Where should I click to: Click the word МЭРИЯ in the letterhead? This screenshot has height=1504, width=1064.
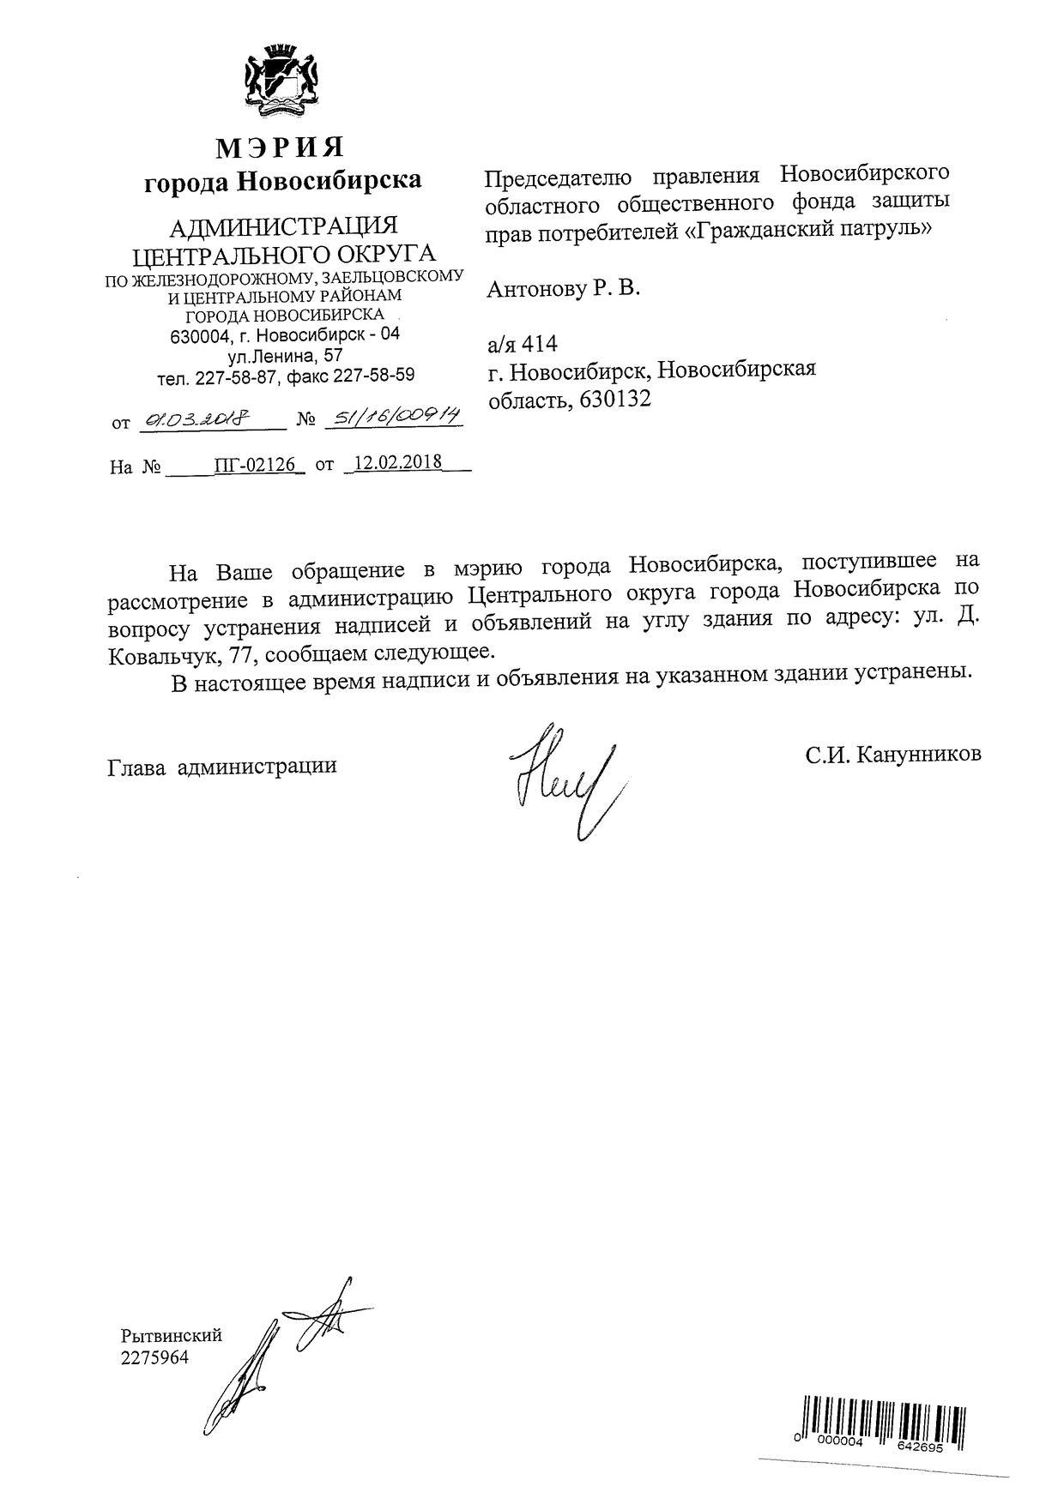280,147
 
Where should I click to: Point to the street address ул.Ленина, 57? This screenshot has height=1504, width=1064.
286,355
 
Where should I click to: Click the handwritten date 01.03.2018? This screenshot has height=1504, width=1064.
196,420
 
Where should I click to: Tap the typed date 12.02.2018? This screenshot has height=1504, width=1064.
398,462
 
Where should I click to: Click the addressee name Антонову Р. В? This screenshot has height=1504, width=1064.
564,289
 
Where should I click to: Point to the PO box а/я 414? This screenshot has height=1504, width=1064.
523,344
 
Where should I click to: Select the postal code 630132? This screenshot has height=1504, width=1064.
615,399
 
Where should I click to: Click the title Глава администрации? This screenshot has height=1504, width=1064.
222,766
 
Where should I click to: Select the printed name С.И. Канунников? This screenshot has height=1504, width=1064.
893,755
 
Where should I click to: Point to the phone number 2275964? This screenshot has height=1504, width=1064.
154,1357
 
